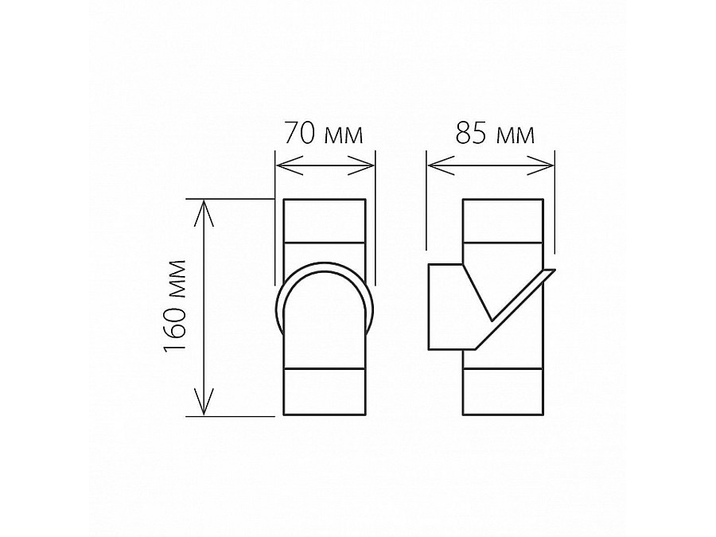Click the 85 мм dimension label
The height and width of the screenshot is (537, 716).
pos(495,134)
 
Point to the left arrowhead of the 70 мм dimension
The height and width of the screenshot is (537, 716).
pos(281,166)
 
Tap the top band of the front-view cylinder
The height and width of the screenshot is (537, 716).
pos(325,220)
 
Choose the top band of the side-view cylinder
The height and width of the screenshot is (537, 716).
pos(503,220)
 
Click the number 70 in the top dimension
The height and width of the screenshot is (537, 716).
pos(300,134)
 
